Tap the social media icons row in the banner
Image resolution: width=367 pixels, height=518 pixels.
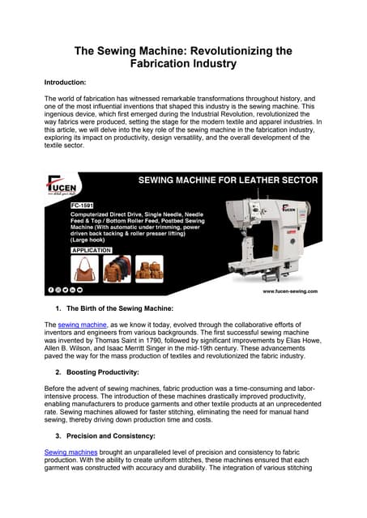(x=70, y=289)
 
